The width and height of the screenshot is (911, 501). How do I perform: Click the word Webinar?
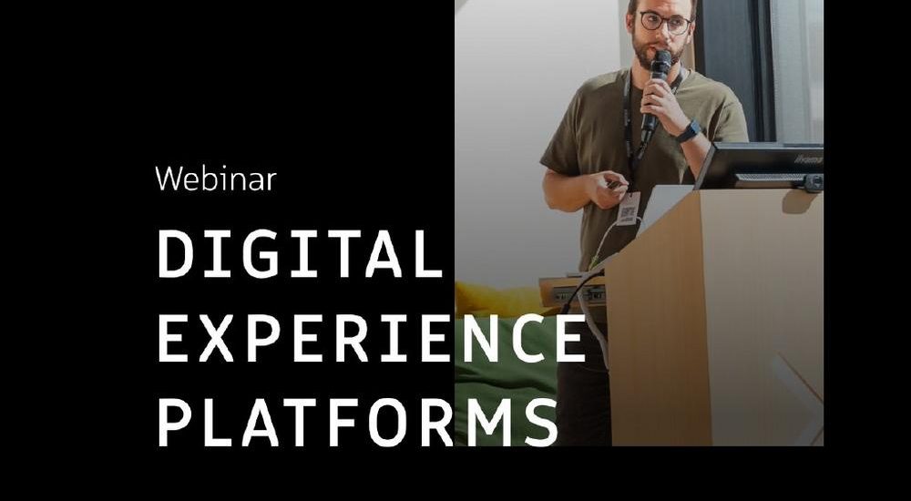pos(216,179)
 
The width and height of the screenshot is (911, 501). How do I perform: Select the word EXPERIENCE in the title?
pos(372,338)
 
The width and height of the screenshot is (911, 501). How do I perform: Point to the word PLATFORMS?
pos(358,423)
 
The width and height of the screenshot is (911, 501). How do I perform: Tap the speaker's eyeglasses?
pos(666,23)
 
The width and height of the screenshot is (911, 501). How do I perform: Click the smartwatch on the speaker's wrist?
pos(690,131)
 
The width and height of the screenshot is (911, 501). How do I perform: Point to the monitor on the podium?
pos(760,166)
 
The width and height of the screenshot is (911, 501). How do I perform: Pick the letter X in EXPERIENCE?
pos(216,338)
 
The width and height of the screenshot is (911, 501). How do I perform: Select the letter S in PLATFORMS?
pos(541,423)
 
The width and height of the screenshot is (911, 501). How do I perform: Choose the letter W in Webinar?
pos(169,179)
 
